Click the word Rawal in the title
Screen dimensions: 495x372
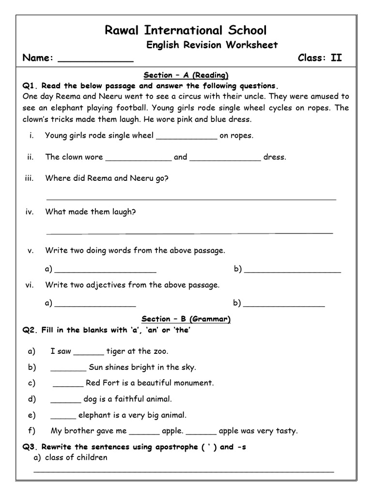coord(122,30)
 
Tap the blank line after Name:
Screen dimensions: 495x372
coord(95,60)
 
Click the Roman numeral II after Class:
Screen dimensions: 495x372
coord(336,58)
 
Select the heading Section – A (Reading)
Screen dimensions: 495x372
coord(186,75)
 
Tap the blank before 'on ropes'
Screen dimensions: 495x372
coord(186,137)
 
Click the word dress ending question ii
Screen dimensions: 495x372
coord(275,157)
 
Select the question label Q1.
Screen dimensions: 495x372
coord(30,86)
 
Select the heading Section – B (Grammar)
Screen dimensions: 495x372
coord(186,319)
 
